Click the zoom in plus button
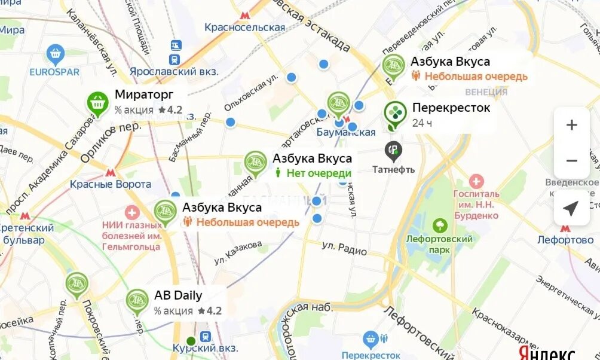(x=572, y=125)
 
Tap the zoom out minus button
(x=572, y=160)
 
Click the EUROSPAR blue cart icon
(x=55, y=54)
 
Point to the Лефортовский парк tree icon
(x=440, y=225)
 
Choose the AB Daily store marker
(x=137, y=301)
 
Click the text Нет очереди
(x=319, y=173)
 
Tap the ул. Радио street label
(x=344, y=248)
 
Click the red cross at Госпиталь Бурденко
(x=476, y=182)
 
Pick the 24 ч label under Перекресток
(x=422, y=123)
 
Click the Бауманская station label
(x=346, y=132)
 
